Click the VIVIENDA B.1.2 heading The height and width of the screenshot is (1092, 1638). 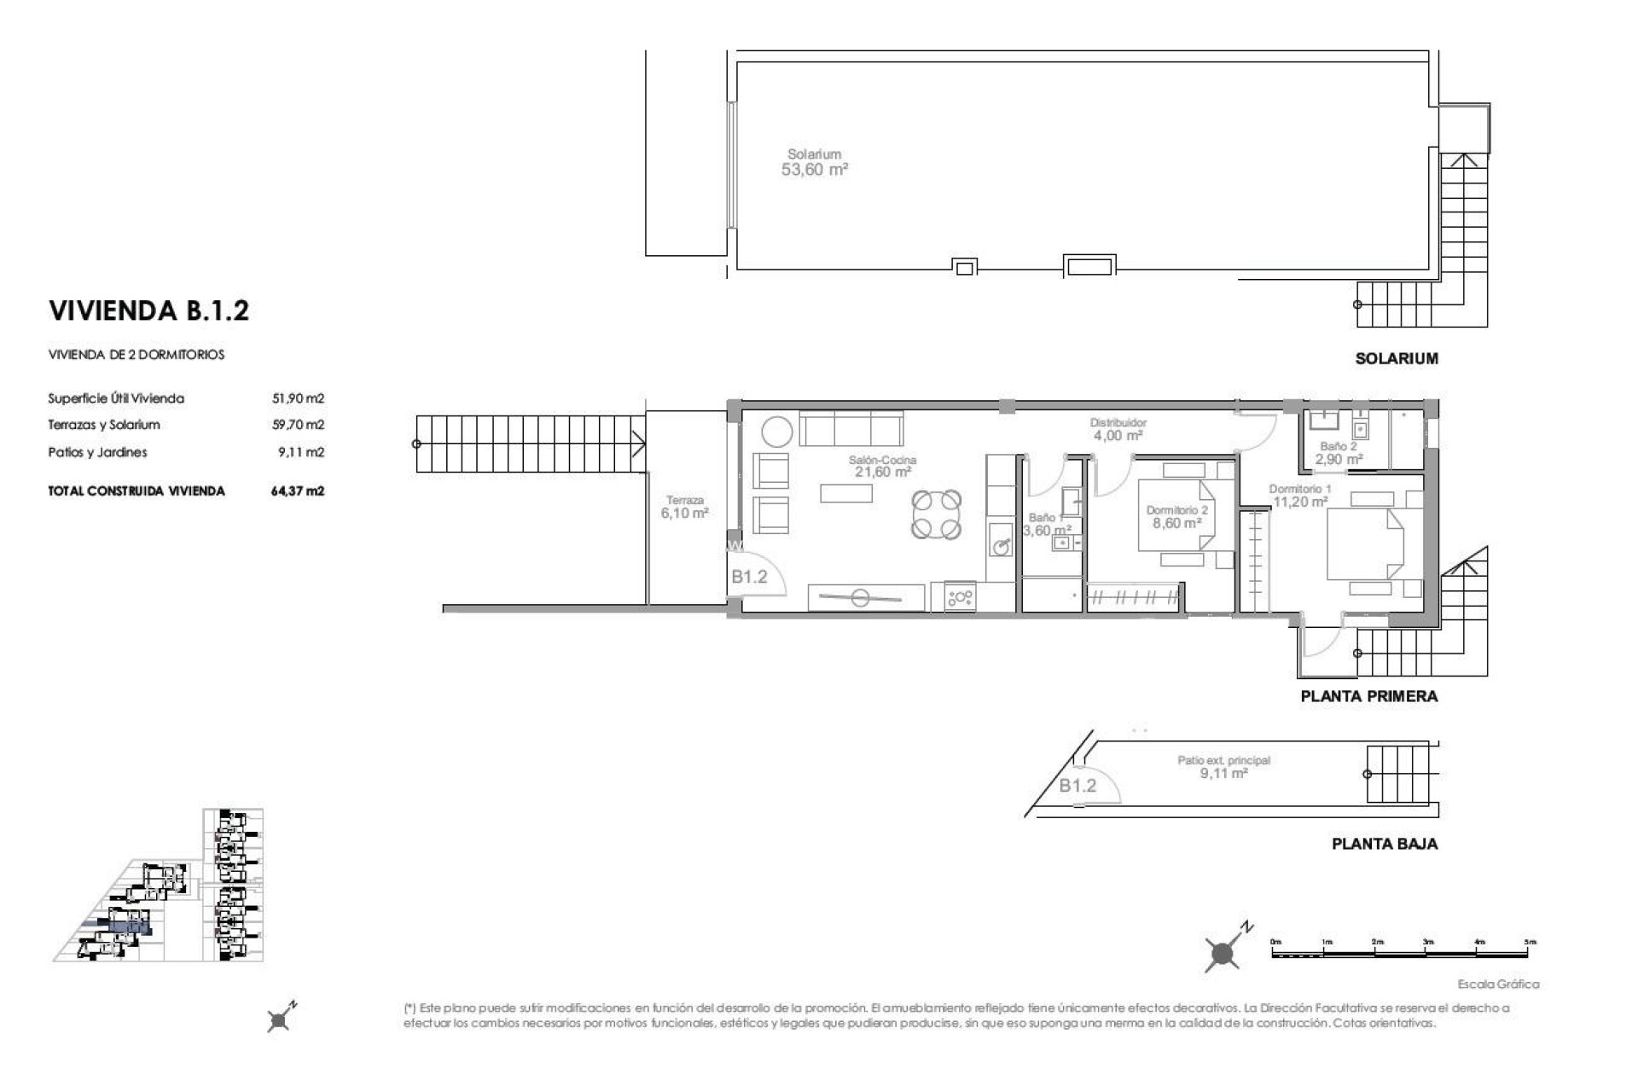click(148, 311)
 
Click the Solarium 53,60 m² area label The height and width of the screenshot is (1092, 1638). click(814, 162)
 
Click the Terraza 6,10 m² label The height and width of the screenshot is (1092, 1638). click(683, 508)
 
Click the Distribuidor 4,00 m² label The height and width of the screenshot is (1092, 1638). click(1118, 429)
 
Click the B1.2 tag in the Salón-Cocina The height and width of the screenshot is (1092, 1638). click(749, 577)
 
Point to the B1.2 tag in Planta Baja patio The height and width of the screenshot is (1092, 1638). click(1077, 786)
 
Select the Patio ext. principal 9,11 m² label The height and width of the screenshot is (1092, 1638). click(1223, 767)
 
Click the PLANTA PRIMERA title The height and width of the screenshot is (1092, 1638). click(1368, 696)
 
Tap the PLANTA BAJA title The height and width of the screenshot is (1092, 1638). click(1384, 844)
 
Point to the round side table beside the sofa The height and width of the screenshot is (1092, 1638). click(777, 431)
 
